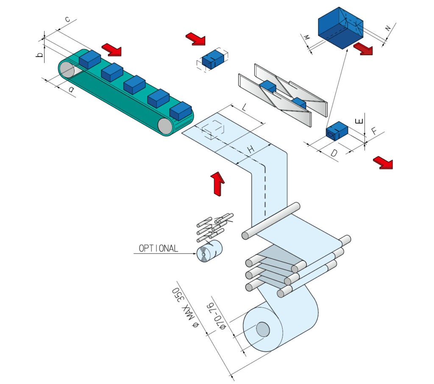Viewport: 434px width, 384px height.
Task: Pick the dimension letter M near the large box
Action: pyautogui.click(x=307, y=38)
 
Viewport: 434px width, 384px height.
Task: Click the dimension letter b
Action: pyautogui.click(x=39, y=55)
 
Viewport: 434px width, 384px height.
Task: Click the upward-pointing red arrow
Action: pyautogui.click(x=218, y=182)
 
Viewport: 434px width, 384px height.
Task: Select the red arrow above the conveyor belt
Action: pyautogui.click(x=112, y=49)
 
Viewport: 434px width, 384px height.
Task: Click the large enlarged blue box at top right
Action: pyautogui.click(x=340, y=28)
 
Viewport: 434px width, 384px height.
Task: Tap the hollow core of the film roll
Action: pyautogui.click(x=262, y=329)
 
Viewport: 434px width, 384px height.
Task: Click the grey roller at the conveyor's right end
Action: pyautogui.click(x=166, y=126)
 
